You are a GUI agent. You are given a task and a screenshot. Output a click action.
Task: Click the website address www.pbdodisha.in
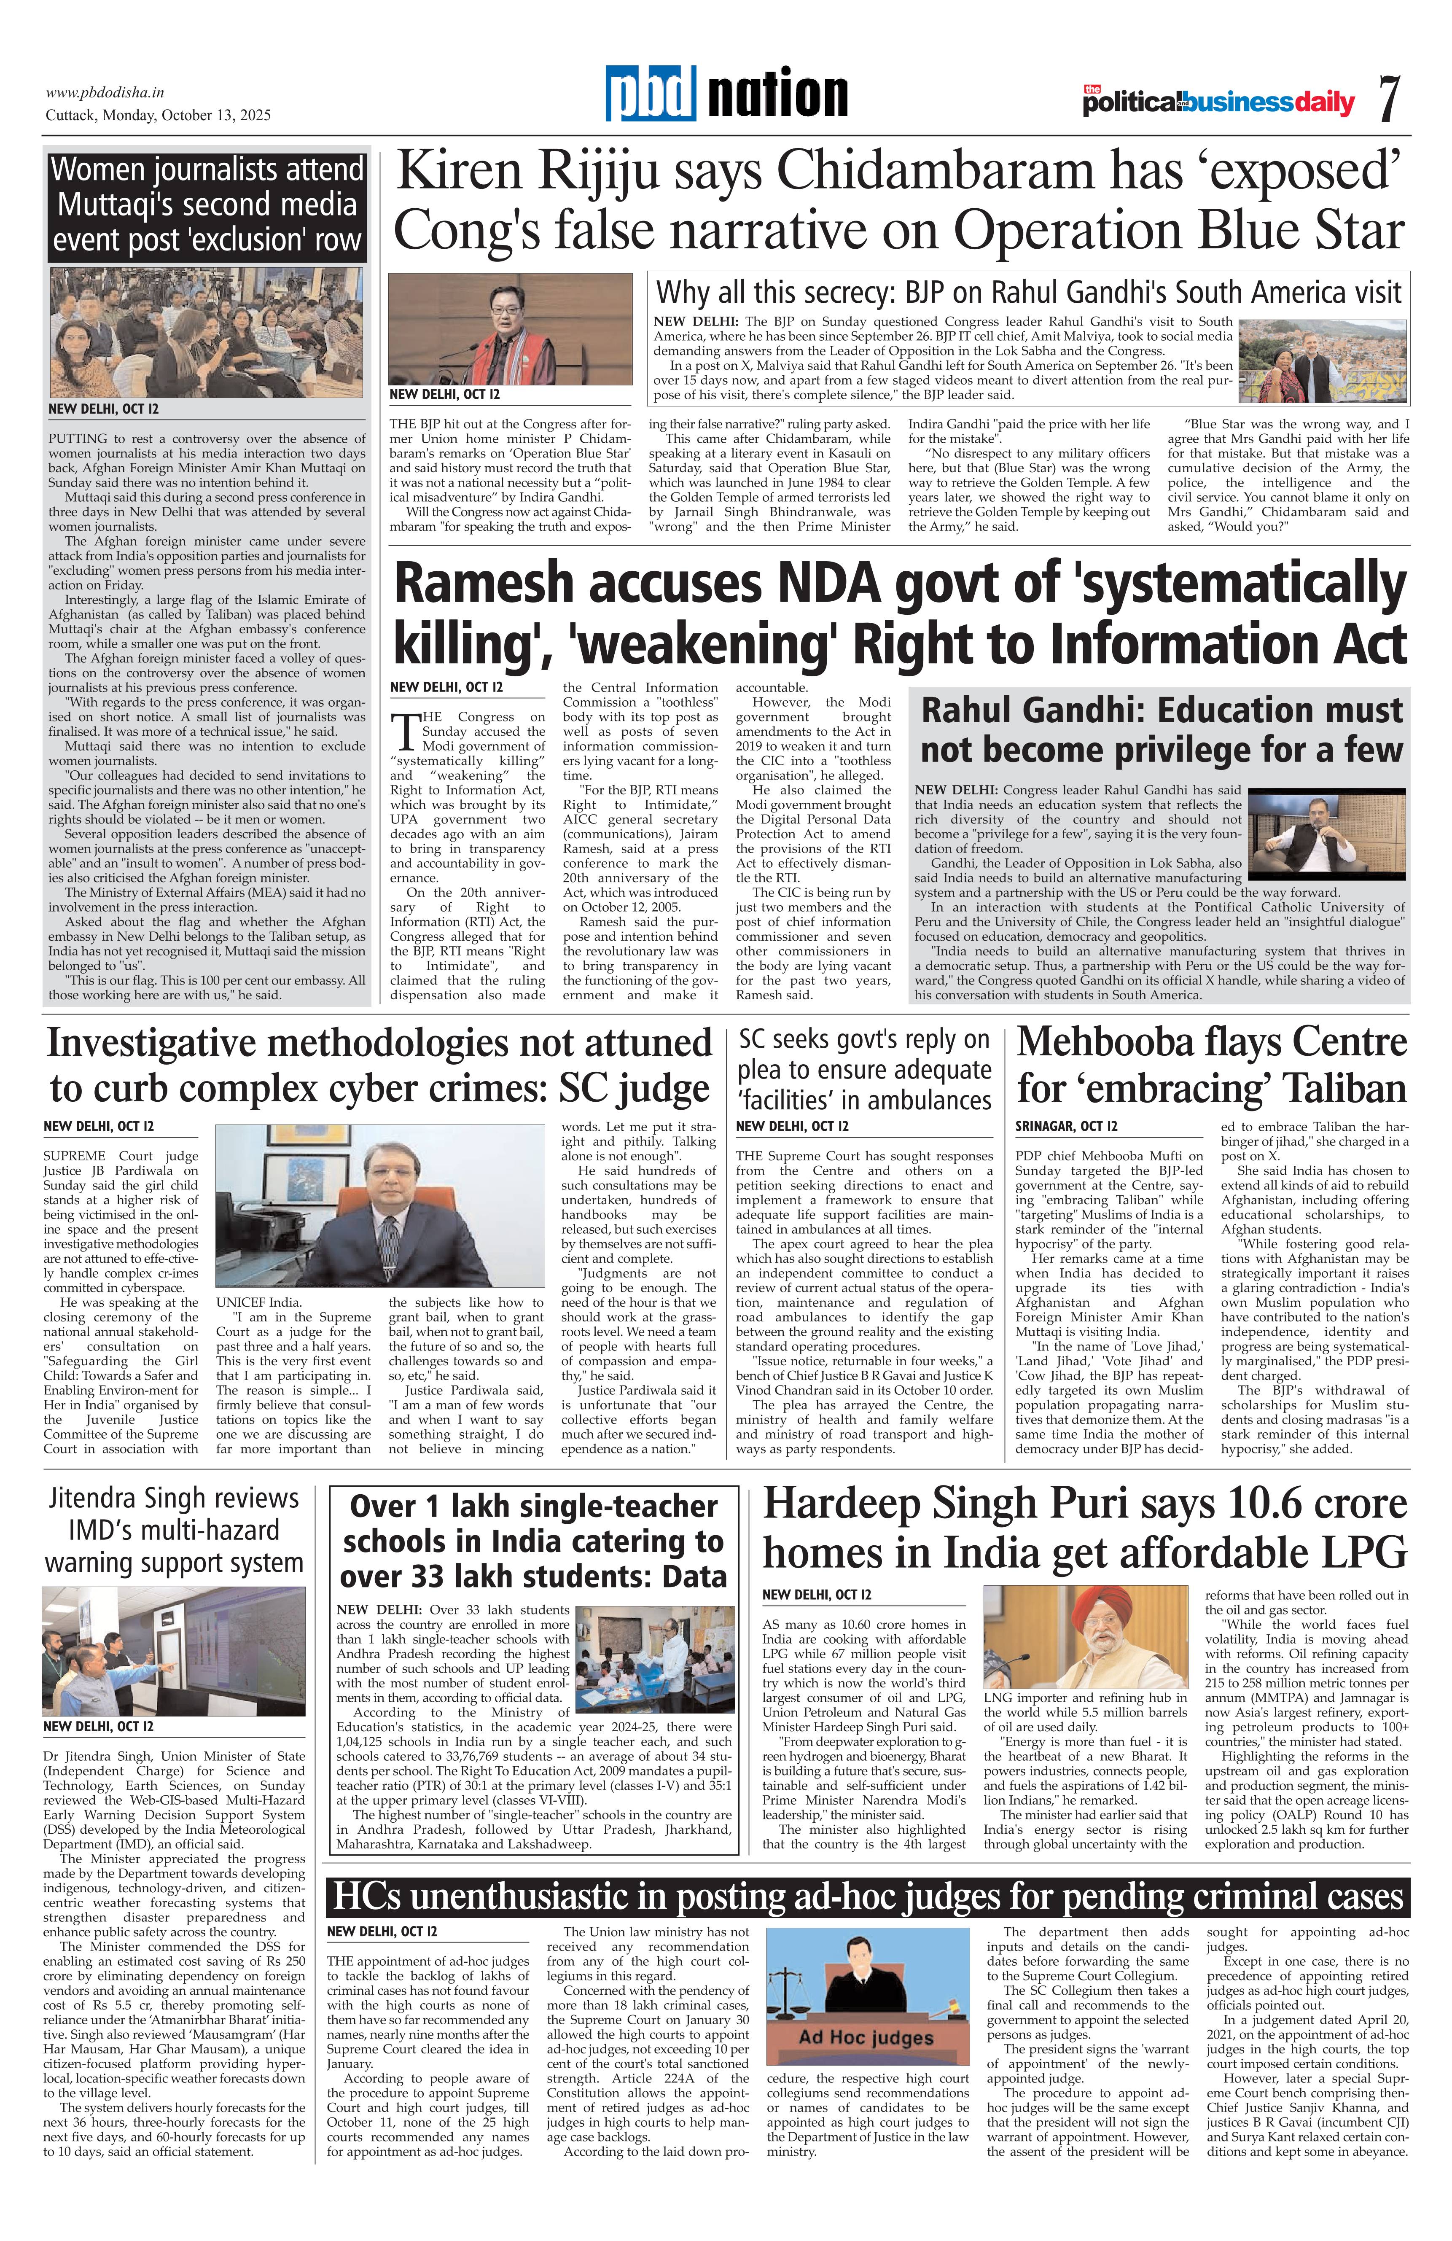coord(105,92)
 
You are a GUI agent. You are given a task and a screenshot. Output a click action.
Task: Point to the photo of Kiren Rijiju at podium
coord(511,328)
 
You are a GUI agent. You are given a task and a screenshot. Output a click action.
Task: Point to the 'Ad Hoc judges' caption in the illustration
coord(866,2039)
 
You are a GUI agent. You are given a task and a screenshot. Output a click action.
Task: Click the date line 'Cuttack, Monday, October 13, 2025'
coord(158,115)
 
